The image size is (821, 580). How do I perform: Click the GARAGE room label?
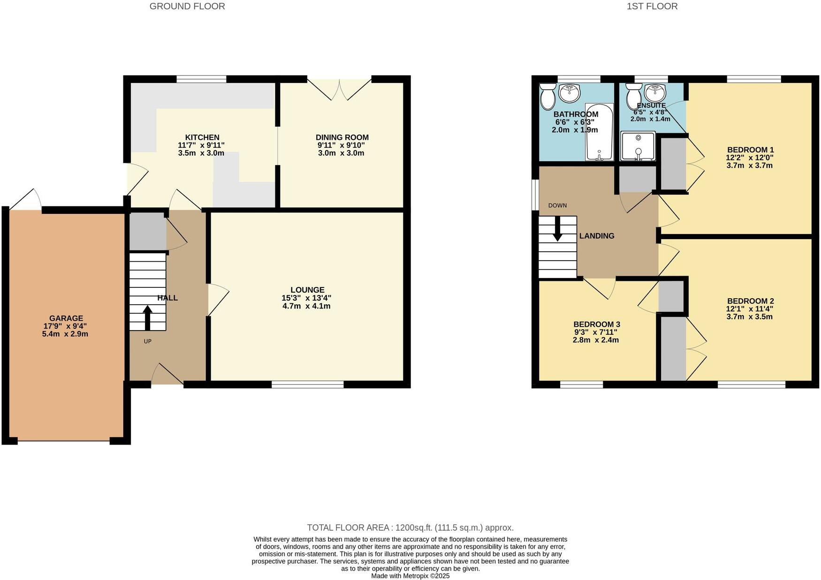click(66, 318)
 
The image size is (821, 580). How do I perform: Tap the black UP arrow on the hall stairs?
click(147, 317)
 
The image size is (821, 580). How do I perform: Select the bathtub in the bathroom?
click(600, 132)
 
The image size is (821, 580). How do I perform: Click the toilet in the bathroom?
click(547, 96)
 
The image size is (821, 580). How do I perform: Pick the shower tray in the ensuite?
click(638, 146)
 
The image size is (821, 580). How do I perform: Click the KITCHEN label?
click(202, 137)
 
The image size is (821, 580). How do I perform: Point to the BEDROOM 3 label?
click(597, 324)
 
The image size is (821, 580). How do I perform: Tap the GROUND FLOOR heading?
click(187, 6)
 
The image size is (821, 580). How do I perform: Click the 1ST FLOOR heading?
click(652, 6)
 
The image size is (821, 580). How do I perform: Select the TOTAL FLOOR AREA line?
click(410, 527)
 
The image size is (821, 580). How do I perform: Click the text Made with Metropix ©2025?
click(410, 576)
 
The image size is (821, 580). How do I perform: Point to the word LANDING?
click(597, 236)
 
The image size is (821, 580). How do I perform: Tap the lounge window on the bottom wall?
click(308, 384)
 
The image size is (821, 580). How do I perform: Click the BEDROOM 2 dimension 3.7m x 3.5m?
click(750, 316)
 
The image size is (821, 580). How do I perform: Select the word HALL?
click(167, 298)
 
